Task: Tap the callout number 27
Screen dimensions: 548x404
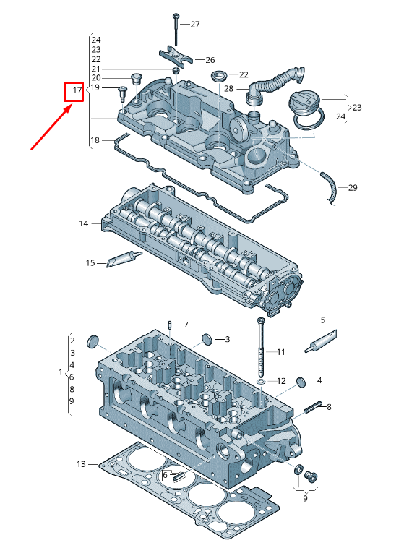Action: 194,25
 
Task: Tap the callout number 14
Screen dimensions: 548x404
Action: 84,224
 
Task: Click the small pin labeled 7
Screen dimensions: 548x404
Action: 168,325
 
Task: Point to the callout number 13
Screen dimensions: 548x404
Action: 81,463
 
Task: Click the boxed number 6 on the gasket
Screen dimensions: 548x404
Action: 166,475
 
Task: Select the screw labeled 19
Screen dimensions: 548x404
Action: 122,92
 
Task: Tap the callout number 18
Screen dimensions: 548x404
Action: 95,140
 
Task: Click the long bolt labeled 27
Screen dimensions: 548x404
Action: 176,29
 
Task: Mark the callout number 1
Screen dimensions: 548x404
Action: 61,372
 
